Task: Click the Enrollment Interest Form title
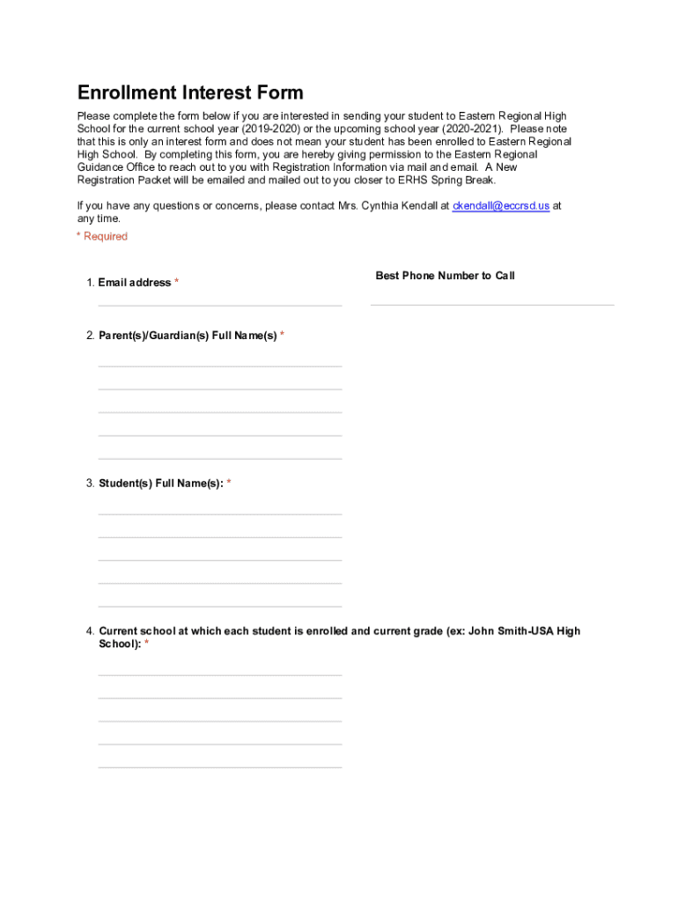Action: [190, 93]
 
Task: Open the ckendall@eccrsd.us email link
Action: [501, 205]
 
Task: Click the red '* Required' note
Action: [102, 236]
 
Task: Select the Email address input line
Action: [220, 304]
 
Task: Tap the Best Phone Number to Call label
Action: [445, 276]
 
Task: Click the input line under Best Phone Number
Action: [492, 304]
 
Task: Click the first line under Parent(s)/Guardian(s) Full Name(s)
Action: [220, 365]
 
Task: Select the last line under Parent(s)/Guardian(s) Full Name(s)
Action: [220, 457]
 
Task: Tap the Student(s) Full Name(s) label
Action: [160, 484]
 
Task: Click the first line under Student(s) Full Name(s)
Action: [220, 513]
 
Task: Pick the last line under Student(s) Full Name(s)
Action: [220, 605]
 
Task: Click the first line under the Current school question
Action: [220, 674]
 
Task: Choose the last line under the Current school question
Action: [220, 766]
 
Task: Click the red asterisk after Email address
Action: [176, 283]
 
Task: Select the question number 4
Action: [89, 632]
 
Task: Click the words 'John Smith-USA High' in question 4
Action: [525, 632]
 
